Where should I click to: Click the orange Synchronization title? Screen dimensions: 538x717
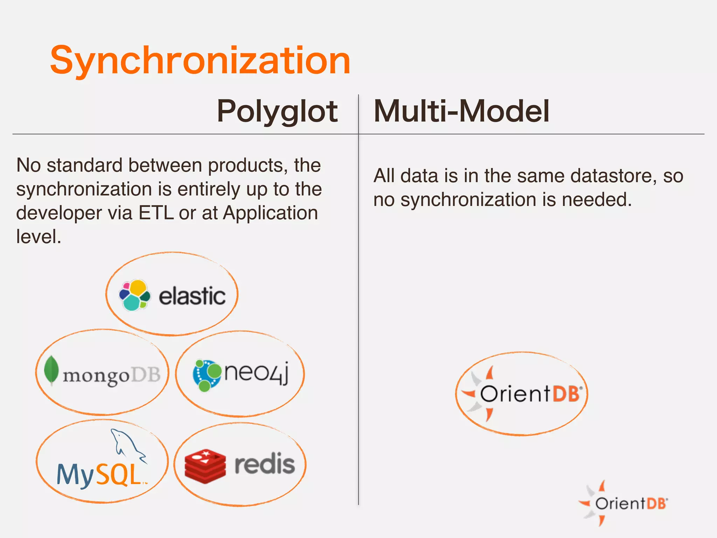200,61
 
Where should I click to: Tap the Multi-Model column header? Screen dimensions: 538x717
461,111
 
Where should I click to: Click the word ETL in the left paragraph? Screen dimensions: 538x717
156,213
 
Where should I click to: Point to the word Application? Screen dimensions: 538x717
270,213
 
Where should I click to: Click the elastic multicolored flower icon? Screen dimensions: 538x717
134,295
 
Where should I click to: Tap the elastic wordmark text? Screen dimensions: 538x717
192,296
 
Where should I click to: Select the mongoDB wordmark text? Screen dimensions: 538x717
111,375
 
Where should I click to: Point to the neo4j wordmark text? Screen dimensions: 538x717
256,373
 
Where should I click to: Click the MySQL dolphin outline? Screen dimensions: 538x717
127,444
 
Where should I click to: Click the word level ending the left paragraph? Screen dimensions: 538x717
39,237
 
